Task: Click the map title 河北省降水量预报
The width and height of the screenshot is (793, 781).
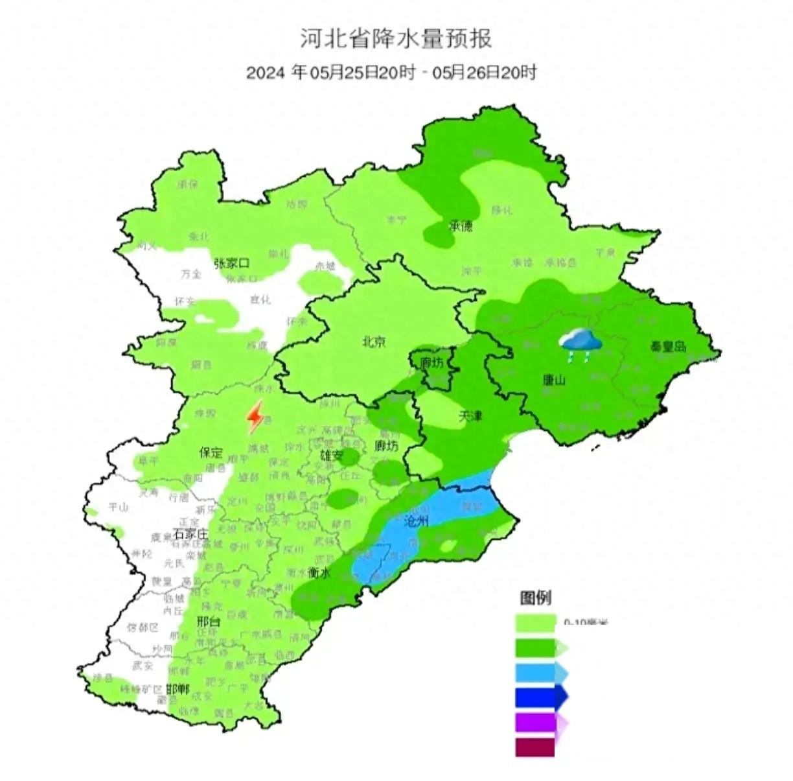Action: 396,38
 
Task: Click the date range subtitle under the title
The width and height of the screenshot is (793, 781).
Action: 391,73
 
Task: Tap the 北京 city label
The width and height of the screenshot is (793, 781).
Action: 374,341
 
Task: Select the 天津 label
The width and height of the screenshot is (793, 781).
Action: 471,417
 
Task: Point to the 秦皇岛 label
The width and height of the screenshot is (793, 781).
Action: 668,347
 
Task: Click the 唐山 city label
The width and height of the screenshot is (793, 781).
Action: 554,380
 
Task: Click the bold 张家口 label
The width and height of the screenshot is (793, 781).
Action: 232,263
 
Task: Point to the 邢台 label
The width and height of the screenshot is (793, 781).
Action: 209,622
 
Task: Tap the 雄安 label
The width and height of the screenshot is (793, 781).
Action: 330,456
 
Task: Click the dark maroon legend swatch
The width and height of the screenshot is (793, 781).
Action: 535,747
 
